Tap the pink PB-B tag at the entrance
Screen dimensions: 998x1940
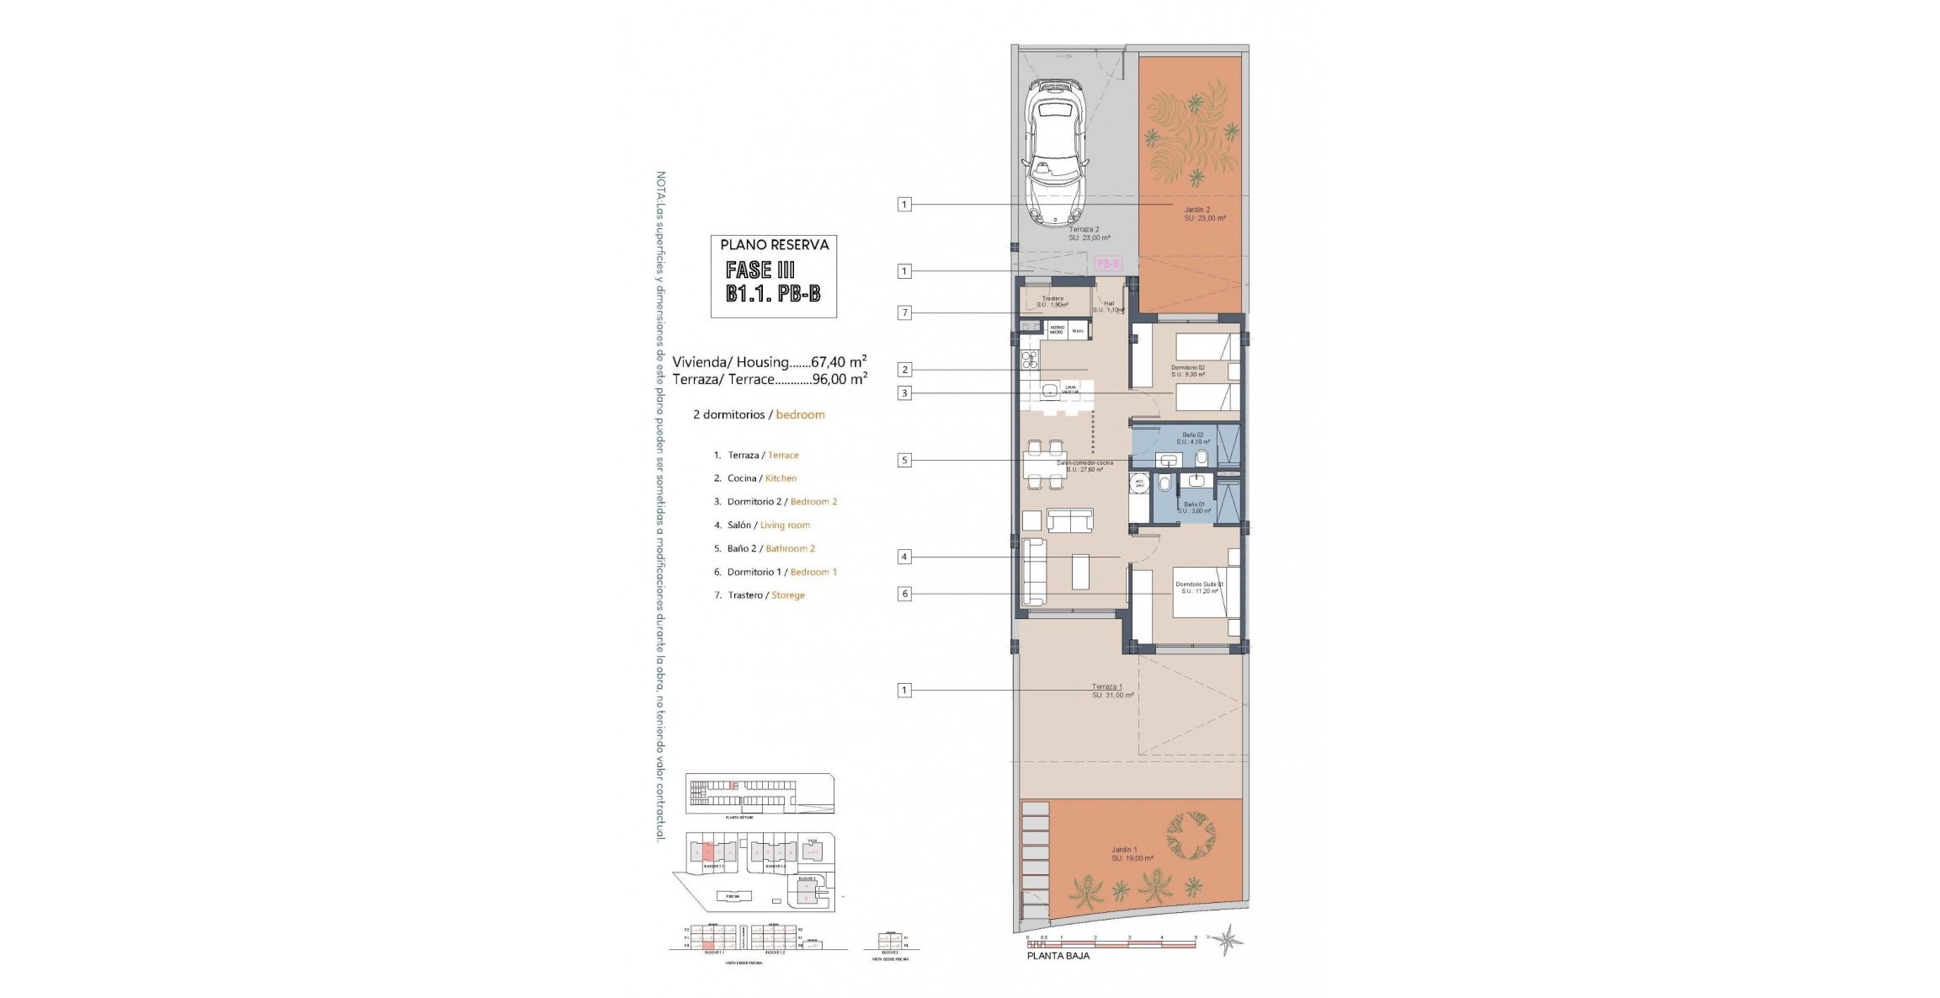point(1109,264)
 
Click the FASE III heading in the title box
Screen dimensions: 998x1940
point(760,270)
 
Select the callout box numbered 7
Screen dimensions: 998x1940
point(904,313)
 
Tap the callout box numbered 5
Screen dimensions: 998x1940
point(904,461)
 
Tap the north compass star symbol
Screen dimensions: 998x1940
point(1228,940)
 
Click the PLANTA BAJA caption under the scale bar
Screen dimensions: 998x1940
point(1058,956)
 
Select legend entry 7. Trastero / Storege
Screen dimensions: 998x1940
point(760,595)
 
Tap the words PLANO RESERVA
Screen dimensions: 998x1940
point(774,245)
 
